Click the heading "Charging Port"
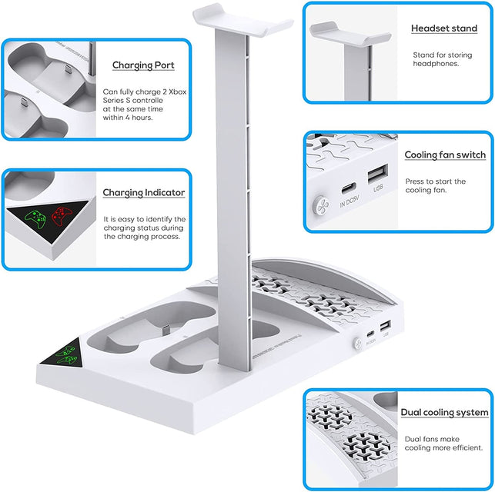tap(143, 65)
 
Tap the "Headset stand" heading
tap(443, 28)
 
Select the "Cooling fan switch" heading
tap(445, 155)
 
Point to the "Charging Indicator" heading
tap(144, 192)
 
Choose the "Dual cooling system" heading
tap(444, 413)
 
